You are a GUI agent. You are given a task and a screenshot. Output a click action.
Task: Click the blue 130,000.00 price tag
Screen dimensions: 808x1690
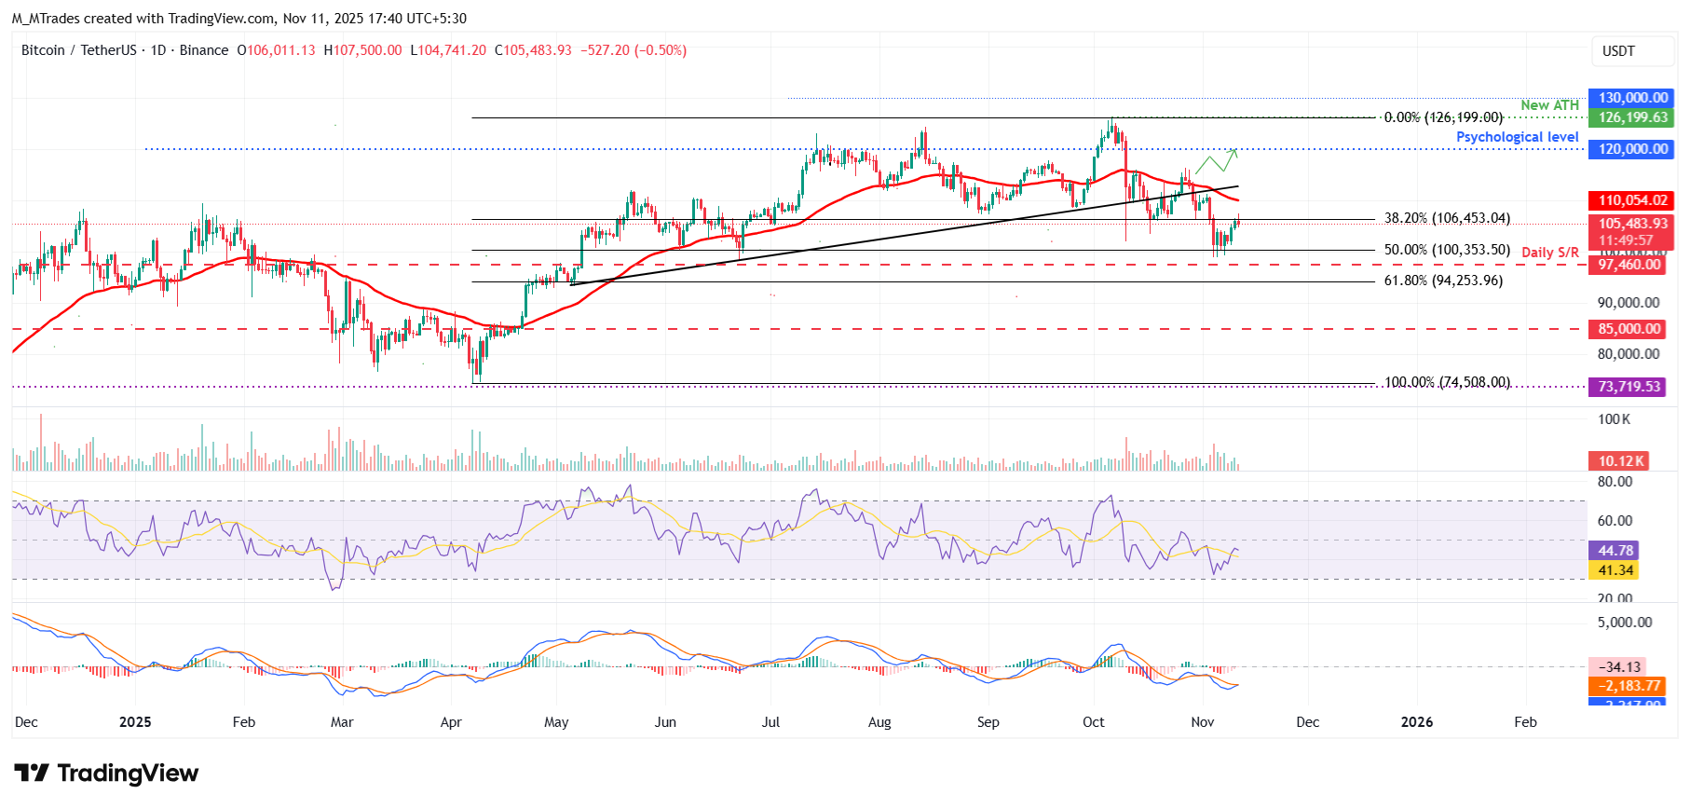point(1632,98)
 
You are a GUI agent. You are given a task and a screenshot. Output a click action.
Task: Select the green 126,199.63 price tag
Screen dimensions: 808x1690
point(1632,117)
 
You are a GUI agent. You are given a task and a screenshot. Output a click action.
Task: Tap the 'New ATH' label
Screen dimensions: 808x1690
point(1549,105)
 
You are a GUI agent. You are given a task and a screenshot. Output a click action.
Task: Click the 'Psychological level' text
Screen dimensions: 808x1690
point(1517,137)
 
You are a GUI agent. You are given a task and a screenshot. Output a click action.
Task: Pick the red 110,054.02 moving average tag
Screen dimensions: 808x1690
point(1632,200)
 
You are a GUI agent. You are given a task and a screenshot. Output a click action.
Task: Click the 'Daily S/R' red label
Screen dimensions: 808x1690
point(1549,253)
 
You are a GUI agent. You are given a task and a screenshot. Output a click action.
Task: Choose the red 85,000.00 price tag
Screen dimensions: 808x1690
point(1629,329)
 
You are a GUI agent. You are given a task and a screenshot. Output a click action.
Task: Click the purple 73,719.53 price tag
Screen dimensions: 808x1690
point(1629,387)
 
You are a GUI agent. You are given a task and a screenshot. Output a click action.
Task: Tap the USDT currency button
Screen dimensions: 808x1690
point(1618,51)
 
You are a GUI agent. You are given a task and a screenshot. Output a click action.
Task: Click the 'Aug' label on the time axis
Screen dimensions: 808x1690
point(879,722)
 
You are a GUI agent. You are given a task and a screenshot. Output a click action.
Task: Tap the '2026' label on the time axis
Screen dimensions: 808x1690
point(1417,722)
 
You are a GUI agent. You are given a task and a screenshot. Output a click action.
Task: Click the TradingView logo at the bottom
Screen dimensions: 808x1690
point(106,774)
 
